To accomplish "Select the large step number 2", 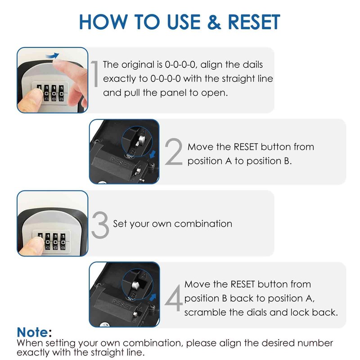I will click(x=173, y=153).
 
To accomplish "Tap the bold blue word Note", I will click(x=33, y=333).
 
